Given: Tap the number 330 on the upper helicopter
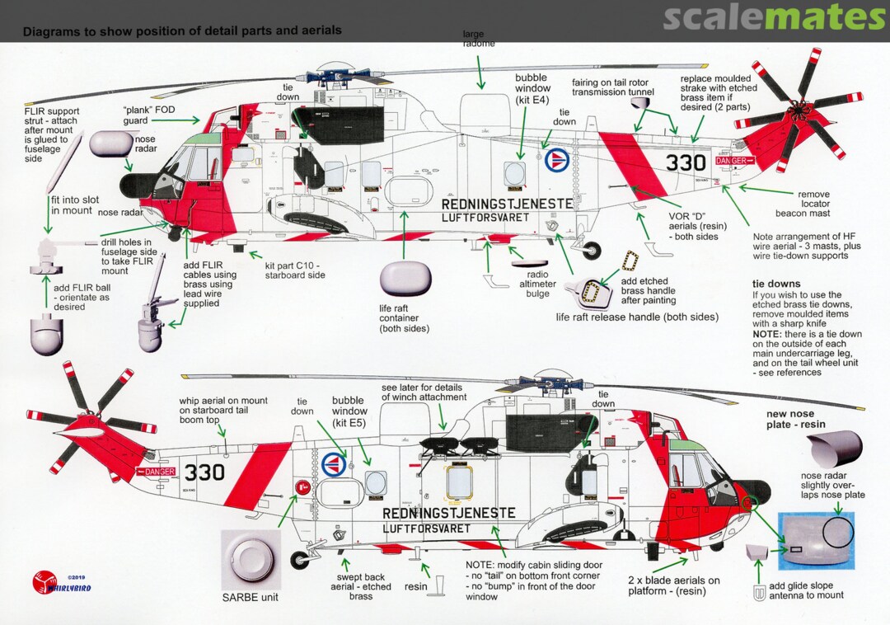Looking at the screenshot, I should pyautogui.click(x=686, y=162).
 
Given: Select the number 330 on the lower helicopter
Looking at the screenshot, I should pyautogui.click(x=204, y=472).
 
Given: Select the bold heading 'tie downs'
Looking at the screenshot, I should pyautogui.click(x=776, y=284).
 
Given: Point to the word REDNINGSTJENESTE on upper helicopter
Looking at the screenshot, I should pyautogui.click(x=507, y=204).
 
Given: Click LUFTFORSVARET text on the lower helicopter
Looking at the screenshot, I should pyautogui.click(x=427, y=529).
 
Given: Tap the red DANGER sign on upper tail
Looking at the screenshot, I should pyautogui.click(x=733, y=161).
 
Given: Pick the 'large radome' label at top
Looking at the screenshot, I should pyautogui.click(x=479, y=39).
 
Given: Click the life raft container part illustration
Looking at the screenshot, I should pyautogui.click(x=405, y=278).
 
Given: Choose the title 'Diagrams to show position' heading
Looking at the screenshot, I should pyautogui.click(x=182, y=31).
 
